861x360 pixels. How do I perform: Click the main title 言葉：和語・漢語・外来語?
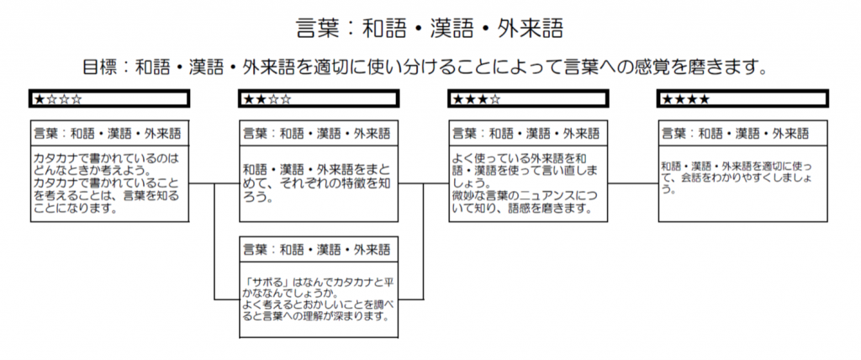point(430,29)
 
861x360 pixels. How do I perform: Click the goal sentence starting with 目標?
point(425,67)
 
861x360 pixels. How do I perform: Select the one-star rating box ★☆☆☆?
point(109,99)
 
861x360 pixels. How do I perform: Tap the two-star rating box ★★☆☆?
point(319,99)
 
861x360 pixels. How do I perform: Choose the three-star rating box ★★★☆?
point(528,99)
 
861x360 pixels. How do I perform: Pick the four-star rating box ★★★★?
point(742,99)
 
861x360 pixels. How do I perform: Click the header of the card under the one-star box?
point(109,133)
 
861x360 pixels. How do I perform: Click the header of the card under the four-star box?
point(742,133)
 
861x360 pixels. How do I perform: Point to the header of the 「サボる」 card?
point(319,249)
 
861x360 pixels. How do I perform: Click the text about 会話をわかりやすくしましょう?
point(736,177)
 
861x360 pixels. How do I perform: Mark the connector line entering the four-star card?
point(633,183)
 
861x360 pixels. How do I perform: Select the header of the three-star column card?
point(528,133)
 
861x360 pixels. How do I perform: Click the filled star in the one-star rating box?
point(39,99)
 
